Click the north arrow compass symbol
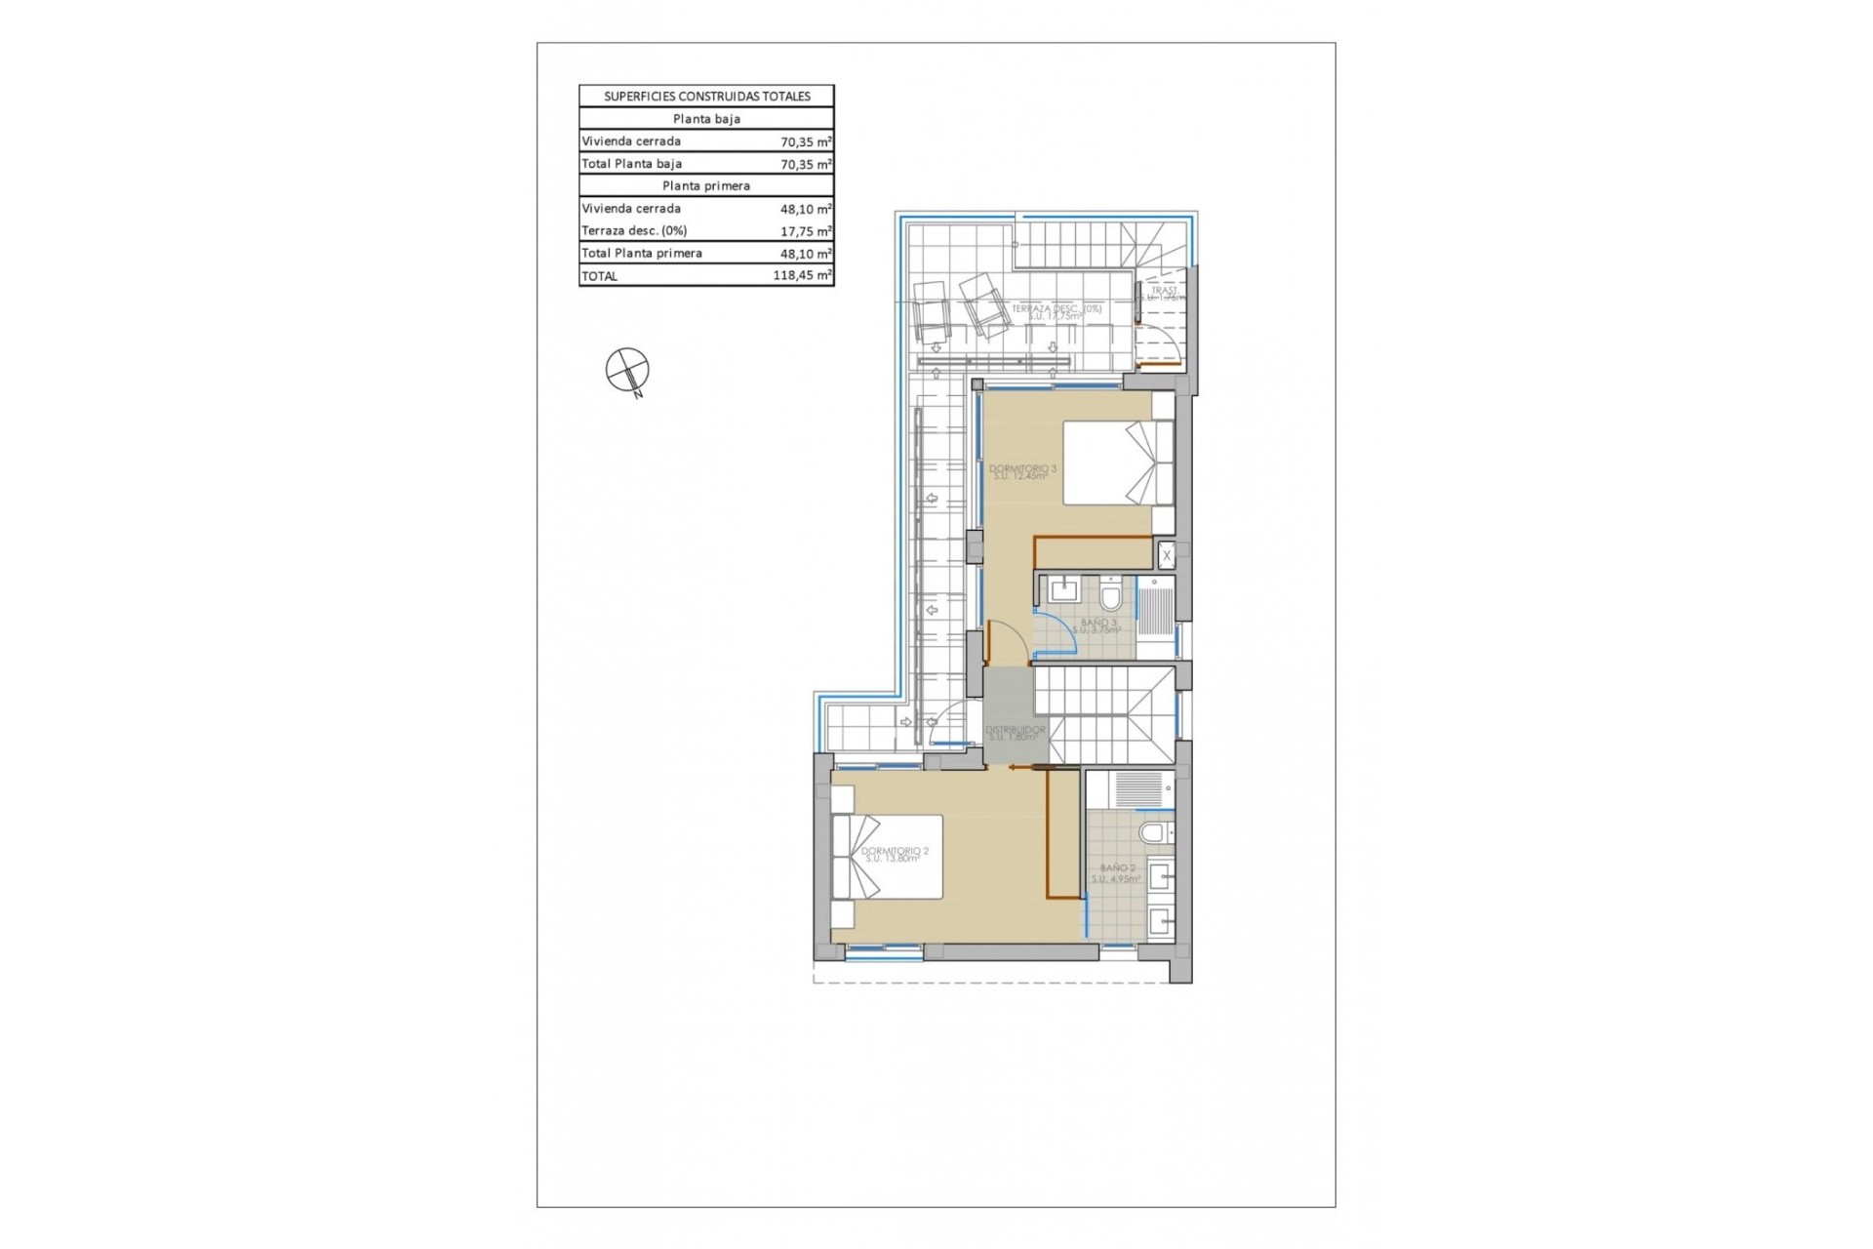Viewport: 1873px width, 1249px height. pyautogui.click(x=627, y=370)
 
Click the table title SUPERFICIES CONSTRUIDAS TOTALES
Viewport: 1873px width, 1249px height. pyautogui.click(x=706, y=97)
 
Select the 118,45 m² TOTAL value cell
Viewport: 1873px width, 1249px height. pyautogui.click(x=802, y=276)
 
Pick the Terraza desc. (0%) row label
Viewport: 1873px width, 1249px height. pyautogui.click(x=634, y=231)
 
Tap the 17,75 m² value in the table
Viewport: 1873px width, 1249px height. pyautogui.click(x=805, y=231)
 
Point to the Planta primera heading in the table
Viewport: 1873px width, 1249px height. pyautogui.click(x=706, y=185)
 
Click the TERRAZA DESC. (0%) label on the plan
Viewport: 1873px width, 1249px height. pyautogui.click(x=1056, y=311)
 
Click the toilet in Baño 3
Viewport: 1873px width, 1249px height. pyautogui.click(x=1110, y=593)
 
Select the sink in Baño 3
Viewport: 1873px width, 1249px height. pyautogui.click(x=1061, y=589)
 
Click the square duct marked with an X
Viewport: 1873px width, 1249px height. pyautogui.click(x=1166, y=556)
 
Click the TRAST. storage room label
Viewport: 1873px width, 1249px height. pyautogui.click(x=1164, y=291)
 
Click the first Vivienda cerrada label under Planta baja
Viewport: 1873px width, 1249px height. pyautogui.click(x=631, y=141)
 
